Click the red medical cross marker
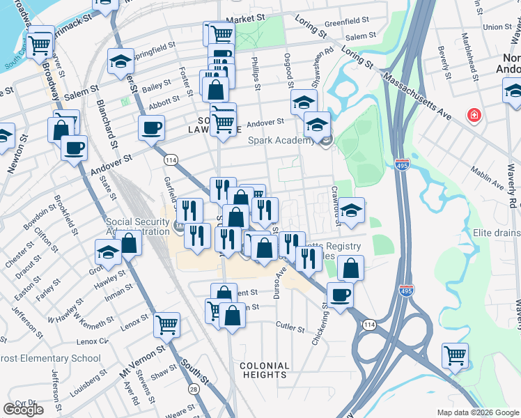(x=474, y=114)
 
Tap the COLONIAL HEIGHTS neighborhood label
(x=264, y=370)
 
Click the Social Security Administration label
(x=137, y=227)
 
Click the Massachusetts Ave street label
(x=420, y=88)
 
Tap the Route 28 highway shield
(x=193, y=388)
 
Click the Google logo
(x=23, y=410)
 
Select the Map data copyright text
(x=477, y=412)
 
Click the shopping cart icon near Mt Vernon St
(x=167, y=323)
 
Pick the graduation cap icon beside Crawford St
(x=352, y=210)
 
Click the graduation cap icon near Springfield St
(x=120, y=61)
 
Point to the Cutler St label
(x=290, y=326)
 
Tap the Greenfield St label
(x=346, y=22)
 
